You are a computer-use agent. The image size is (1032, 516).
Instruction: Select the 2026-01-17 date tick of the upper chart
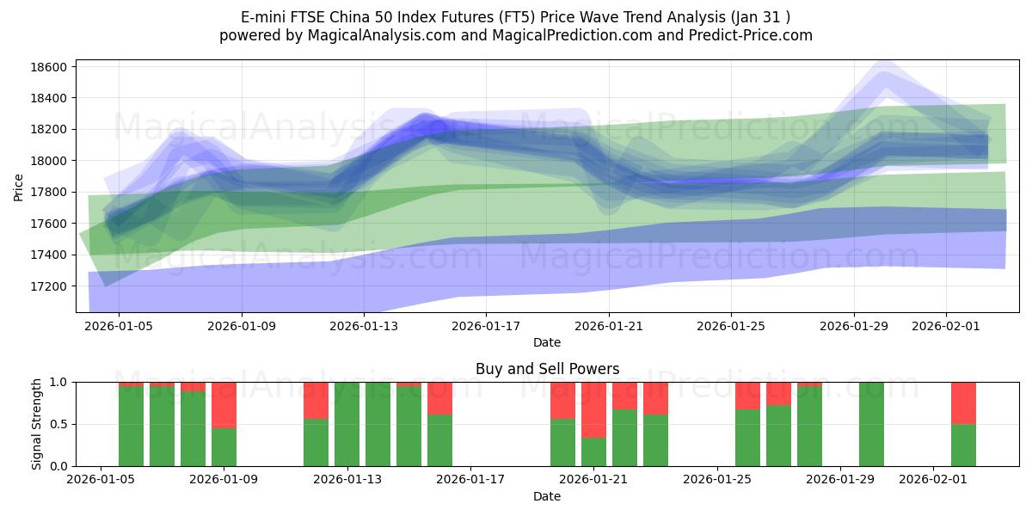pos(486,326)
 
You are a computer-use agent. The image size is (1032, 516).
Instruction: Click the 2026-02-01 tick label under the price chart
pos(946,326)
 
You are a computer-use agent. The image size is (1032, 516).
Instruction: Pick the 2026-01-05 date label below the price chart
pos(119,326)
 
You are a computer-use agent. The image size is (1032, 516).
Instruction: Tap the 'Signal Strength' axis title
pos(37,424)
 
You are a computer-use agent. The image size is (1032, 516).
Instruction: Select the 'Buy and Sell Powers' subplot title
pos(547,369)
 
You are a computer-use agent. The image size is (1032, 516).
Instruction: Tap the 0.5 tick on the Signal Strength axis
pos(58,424)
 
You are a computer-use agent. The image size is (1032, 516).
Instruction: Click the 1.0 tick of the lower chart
pos(58,382)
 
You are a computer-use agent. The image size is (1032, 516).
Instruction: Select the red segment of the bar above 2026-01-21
pos(593,409)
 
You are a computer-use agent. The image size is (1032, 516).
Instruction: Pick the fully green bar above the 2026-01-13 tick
pos(347,424)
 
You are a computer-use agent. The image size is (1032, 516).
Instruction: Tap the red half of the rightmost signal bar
pos(963,402)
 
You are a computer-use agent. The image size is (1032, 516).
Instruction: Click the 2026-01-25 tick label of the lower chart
pos(717,479)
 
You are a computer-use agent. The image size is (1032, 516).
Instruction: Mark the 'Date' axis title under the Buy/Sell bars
pos(547,496)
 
